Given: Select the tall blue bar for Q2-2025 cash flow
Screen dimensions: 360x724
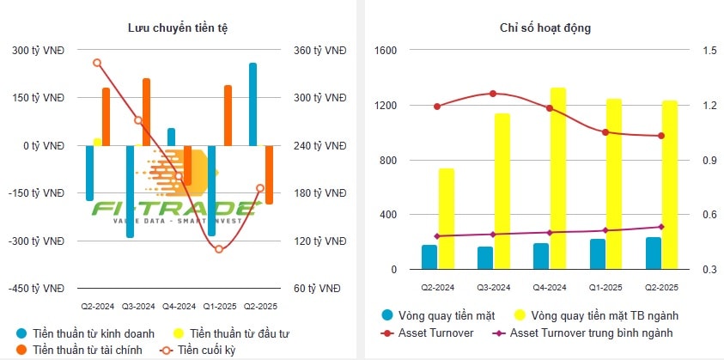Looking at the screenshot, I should (252, 104).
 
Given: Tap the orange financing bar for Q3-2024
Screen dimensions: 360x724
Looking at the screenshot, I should (146, 112).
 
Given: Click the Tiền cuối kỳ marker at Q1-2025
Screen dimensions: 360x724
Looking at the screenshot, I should (219, 249).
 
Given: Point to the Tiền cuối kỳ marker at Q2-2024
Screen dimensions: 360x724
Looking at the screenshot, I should (97, 63).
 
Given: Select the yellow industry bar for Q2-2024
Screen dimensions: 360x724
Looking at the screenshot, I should (447, 219).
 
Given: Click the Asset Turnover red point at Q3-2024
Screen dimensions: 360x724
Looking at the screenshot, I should (493, 94).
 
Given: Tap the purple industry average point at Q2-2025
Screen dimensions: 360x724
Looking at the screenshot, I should (660, 227).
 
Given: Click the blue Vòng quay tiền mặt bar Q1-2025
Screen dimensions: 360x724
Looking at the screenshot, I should (597, 254).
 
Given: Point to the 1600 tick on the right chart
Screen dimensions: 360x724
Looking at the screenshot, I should (385, 51).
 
